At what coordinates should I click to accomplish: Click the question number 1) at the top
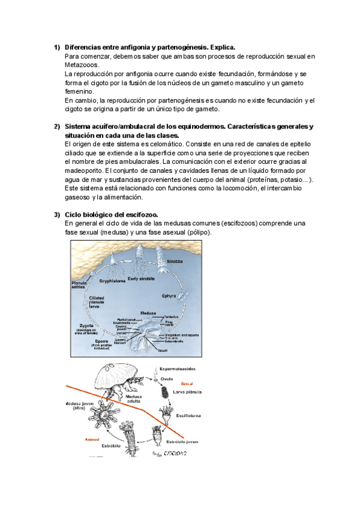tap(56, 47)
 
